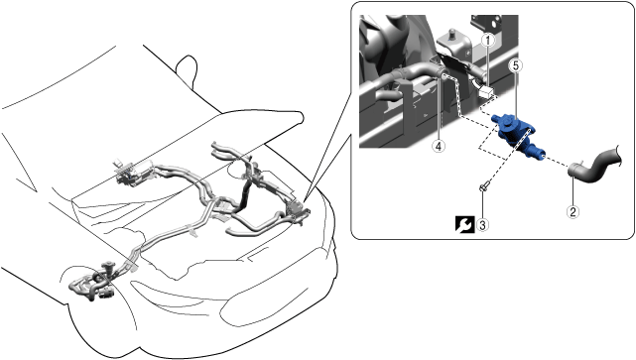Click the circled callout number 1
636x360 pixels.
[488, 40]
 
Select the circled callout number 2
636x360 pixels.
[572, 211]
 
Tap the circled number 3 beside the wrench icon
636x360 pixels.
[482, 224]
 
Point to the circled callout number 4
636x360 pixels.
[439, 147]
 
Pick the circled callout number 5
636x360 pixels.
[516, 65]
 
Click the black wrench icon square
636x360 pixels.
[464, 224]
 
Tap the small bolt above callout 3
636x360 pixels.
[483, 187]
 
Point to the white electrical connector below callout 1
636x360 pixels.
[486, 92]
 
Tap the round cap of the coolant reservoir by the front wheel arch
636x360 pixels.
[108, 265]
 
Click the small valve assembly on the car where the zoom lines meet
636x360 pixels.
[299, 211]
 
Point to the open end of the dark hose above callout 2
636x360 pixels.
[572, 170]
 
